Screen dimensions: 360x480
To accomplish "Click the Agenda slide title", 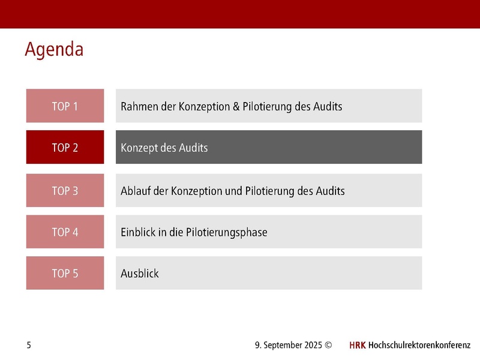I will [x=54, y=49].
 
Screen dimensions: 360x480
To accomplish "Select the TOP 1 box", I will [x=65, y=106].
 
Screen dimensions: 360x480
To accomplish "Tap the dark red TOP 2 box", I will [x=65, y=147].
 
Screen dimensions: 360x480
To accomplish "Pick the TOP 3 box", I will [x=65, y=191].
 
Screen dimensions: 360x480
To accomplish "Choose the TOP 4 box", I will [x=65, y=232].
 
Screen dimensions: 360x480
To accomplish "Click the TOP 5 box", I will [x=65, y=273].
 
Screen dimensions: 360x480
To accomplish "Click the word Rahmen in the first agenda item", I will [x=139, y=107].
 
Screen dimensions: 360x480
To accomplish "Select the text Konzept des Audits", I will [x=164, y=148].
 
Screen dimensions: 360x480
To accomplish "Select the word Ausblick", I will [x=140, y=274].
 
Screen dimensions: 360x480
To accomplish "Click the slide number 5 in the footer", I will [x=29, y=345].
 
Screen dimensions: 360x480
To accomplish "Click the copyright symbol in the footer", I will [x=328, y=345].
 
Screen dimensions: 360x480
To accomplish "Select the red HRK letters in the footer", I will [x=357, y=345].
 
